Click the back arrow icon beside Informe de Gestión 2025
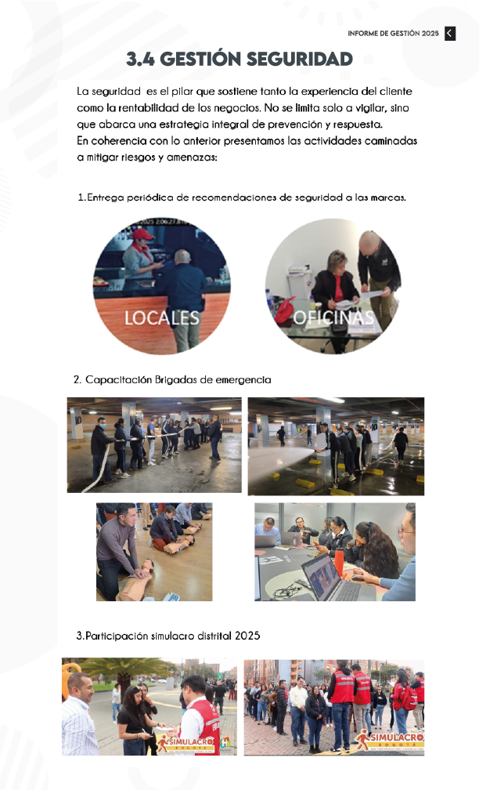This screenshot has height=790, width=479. click(450, 33)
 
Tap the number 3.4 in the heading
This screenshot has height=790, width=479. click(140, 59)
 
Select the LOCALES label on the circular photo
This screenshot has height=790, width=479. click(162, 318)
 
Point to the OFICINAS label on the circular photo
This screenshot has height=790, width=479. click(333, 317)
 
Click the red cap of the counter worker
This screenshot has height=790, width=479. click(142, 234)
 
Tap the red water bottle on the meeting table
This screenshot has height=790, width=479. click(339, 562)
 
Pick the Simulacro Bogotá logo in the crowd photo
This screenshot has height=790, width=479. click(390, 741)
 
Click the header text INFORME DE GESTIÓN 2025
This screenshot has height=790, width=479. click(394, 33)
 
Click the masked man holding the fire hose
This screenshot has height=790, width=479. click(101, 449)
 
